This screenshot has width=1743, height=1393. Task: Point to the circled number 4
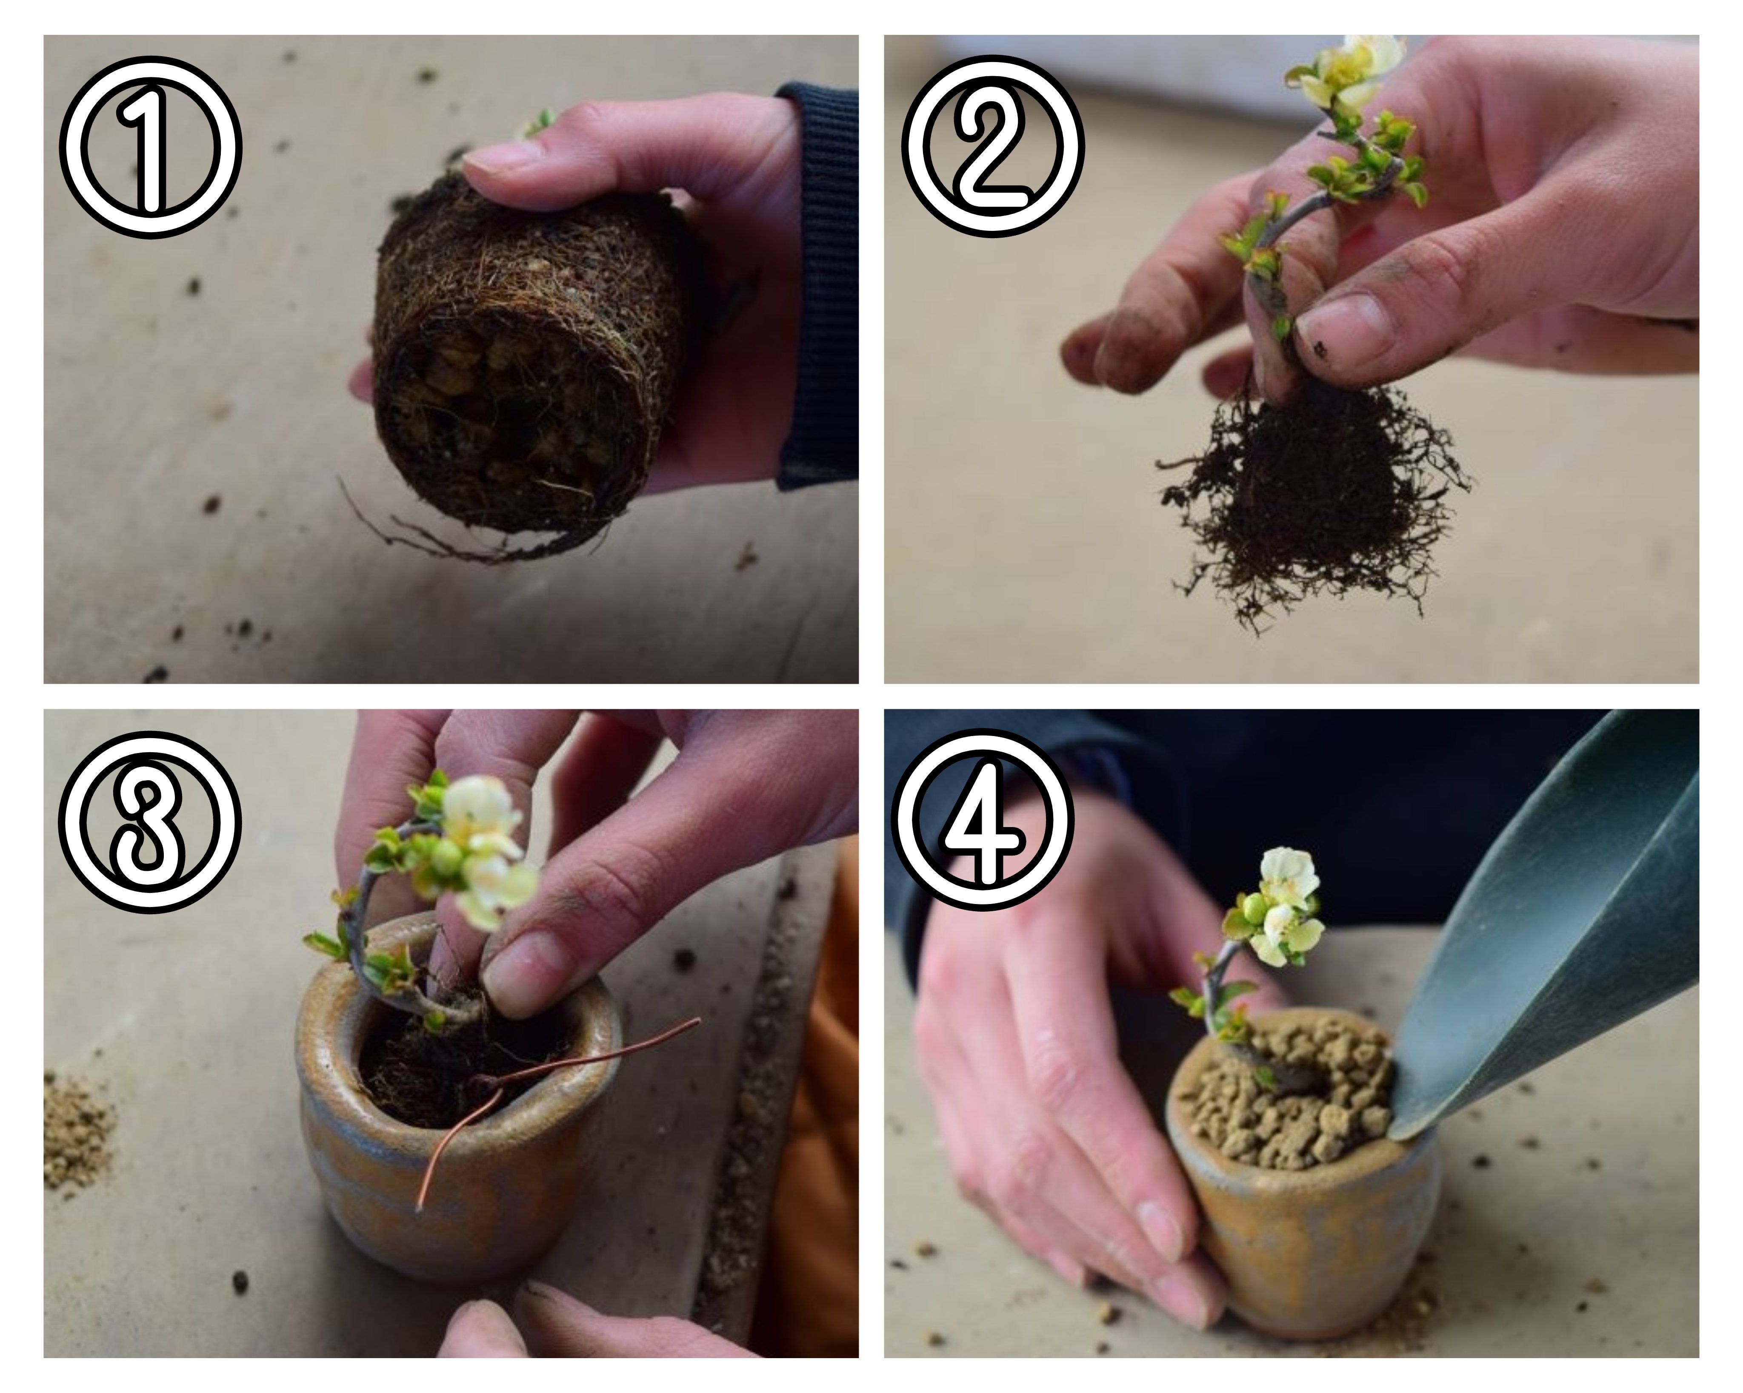click(x=992, y=822)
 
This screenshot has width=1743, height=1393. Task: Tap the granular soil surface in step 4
click(x=1286, y=1091)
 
